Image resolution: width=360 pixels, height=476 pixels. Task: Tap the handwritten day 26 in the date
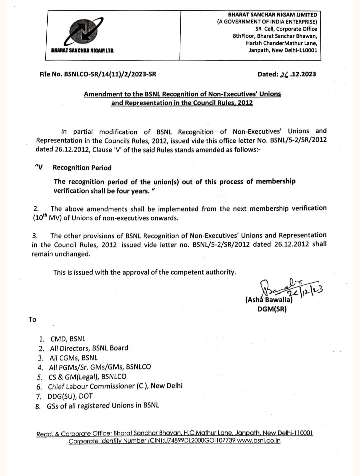point(284,74)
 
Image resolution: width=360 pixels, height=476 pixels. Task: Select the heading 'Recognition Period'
point(82,168)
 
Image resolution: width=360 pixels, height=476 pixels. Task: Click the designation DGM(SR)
point(272,309)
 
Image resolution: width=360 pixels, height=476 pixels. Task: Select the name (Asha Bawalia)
point(269,300)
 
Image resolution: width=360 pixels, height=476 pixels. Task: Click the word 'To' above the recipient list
point(32,320)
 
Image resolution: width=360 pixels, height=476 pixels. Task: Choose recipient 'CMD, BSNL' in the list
point(68,339)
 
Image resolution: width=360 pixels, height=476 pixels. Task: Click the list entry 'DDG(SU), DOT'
point(70,396)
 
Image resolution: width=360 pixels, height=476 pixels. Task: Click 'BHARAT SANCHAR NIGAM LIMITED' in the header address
point(272,15)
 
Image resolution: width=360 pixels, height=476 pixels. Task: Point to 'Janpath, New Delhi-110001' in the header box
point(283,50)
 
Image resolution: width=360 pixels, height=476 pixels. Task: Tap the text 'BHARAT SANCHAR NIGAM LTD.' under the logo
point(83,51)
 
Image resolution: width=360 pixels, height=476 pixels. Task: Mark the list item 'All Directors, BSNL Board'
point(89,348)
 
